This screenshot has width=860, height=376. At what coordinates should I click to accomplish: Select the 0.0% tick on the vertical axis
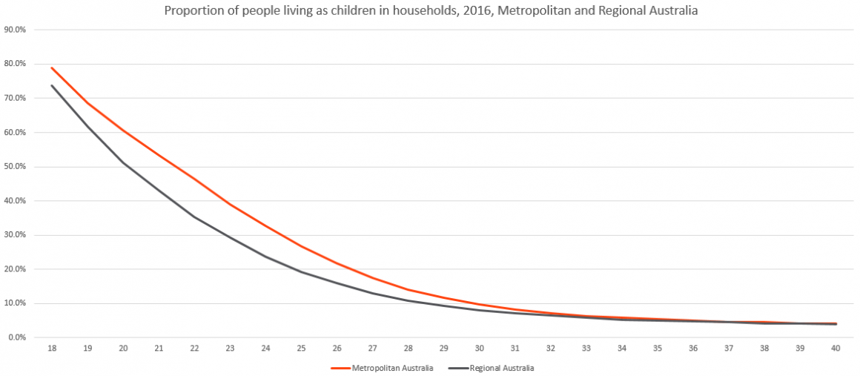pos(16,337)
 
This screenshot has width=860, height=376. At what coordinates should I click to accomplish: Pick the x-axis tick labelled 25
pos(302,349)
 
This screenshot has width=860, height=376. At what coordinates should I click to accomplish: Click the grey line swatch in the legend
pos(458,367)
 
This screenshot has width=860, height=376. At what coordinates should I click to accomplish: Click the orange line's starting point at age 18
pos(51,67)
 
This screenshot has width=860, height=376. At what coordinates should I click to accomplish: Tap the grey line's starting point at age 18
pos(51,85)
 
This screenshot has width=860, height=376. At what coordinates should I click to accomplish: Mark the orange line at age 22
pos(194,179)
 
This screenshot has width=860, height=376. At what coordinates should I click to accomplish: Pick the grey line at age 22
pos(194,217)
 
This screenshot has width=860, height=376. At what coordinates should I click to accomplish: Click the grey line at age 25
pos(302,271)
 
